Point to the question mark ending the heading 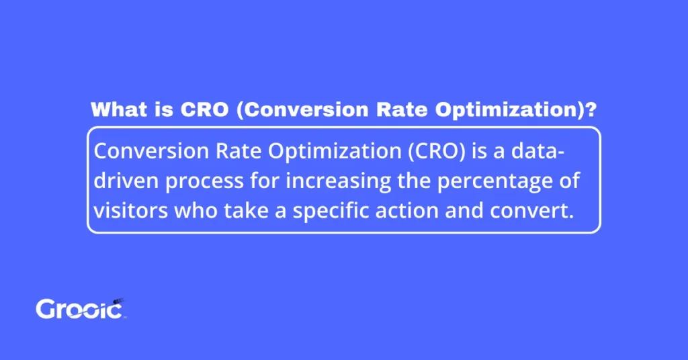591,110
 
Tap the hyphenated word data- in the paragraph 538,152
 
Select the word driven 128,182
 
